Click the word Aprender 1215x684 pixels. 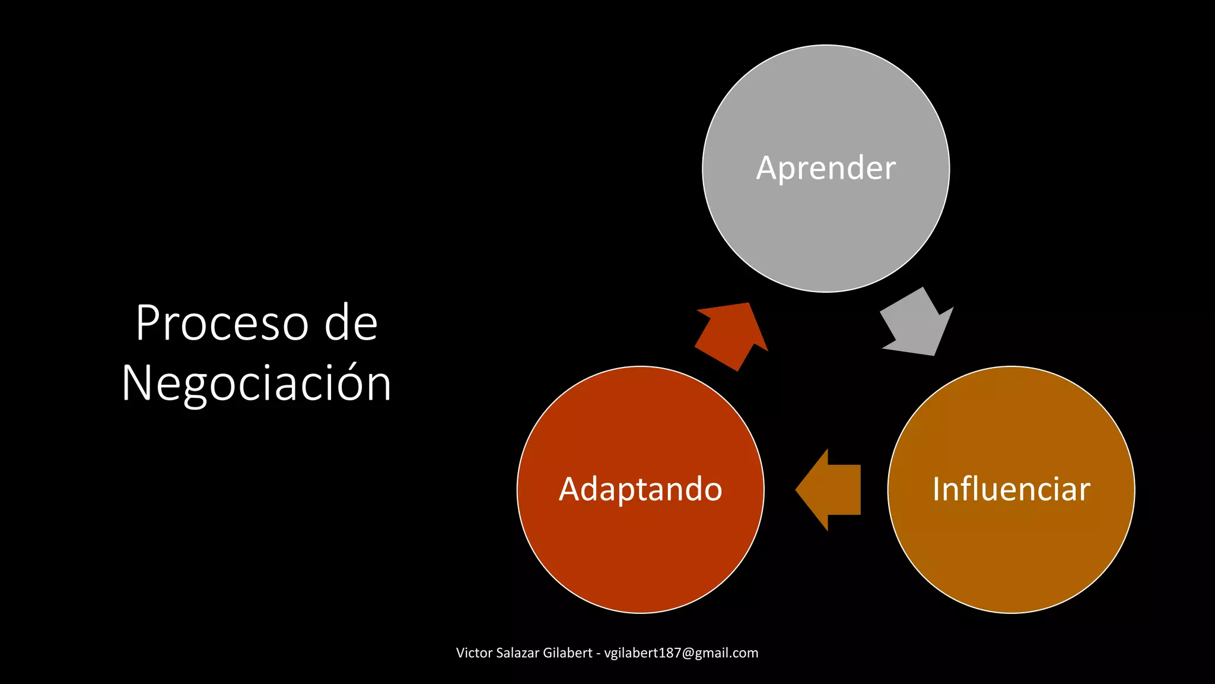(x=826, y=169)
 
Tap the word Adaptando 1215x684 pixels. (x=641, y=490)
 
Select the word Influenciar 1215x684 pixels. (x=1011, y=490)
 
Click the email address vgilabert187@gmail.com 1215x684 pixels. (x=681, y=653)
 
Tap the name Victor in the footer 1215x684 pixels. (x=474, y=653)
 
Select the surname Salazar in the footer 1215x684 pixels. (x=517, y=653)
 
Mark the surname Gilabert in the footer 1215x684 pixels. (x=567, y=653)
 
